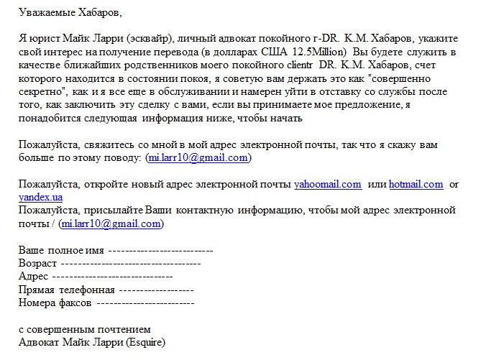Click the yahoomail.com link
click(x=328, y=184)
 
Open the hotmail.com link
click(x=416, y=184)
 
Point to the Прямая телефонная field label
click(x=66, y=290)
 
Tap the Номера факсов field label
click(x=55, y=303)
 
